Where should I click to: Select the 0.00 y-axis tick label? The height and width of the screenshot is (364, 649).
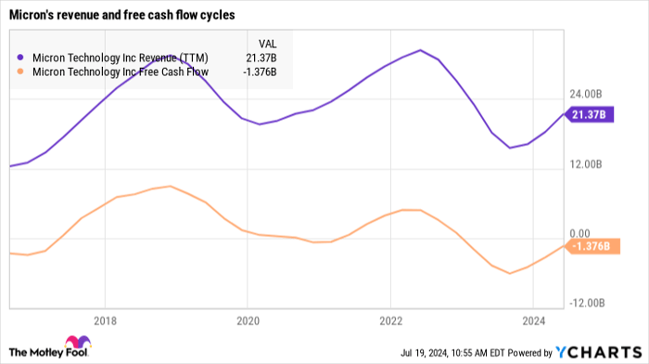pos(582,234)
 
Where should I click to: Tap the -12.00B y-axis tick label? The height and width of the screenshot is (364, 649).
pos(591,304)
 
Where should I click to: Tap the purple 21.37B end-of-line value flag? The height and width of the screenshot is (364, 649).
pos(589,114)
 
